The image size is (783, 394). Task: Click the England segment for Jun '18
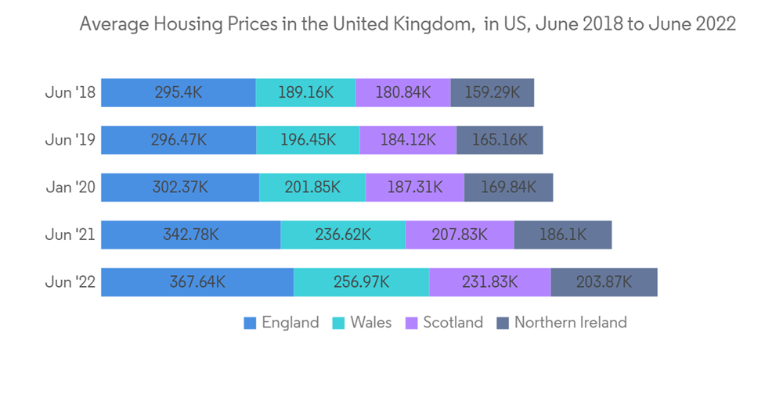click(179, 92)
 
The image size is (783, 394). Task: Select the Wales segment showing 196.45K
click(308, 140)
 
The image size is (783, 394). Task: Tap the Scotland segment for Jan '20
click(414, 188)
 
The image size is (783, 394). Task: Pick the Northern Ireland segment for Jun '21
click(562, 235)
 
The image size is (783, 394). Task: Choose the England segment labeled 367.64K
click(197, 282)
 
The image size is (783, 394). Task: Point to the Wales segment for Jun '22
click(361, 282)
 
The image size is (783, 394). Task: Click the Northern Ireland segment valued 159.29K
click(492, 92)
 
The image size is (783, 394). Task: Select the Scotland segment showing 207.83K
click(459, 235)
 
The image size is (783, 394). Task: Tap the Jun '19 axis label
click(70, 140)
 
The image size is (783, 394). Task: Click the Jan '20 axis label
click(70, 188)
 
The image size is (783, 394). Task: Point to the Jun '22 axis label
click(70, 282)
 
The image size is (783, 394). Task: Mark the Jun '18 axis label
click(70, 92)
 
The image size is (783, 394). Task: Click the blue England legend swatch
click(251, 323)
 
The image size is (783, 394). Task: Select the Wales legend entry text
click(371, 322)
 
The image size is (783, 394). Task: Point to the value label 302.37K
click(179, 188)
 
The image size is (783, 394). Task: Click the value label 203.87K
click(604, 282)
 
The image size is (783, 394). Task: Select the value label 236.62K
click(342, 235)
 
